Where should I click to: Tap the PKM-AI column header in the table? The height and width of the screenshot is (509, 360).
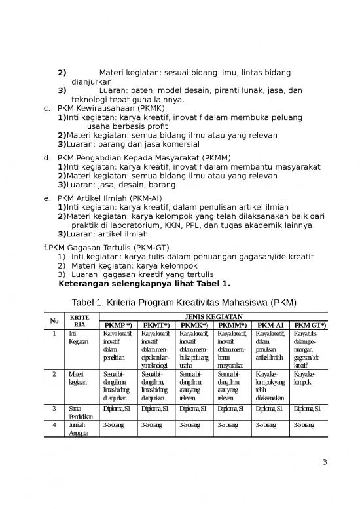point(270,324)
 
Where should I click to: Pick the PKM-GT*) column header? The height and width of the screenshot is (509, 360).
point(310,324)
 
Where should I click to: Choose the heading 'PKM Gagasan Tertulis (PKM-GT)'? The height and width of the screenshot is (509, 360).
point(110,248)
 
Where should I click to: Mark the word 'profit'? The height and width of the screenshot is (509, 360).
point(162,126)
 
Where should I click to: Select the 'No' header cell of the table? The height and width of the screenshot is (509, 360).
point(55,320)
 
